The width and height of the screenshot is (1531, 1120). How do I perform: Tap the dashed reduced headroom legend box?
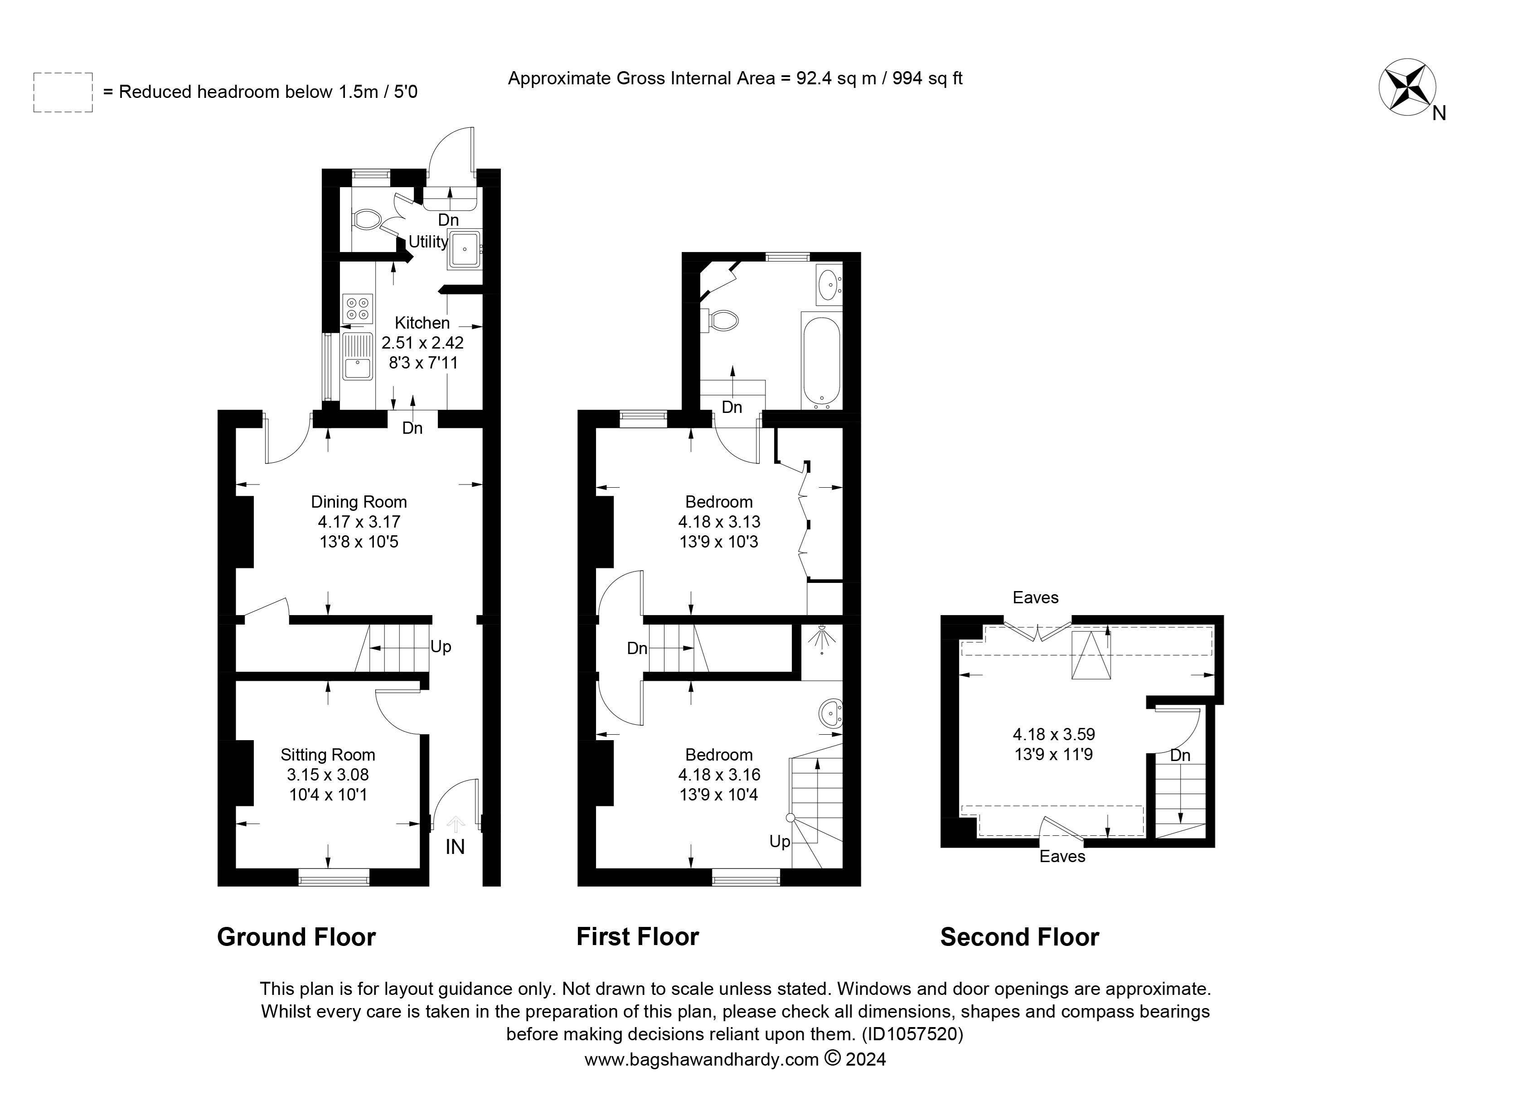63,92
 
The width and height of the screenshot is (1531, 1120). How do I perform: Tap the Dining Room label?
359,502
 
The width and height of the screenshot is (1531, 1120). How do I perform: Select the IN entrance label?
455,847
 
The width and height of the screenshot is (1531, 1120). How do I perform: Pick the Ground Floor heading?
296,937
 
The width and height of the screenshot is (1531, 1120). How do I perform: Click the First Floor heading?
637,937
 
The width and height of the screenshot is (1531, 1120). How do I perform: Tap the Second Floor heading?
1019,937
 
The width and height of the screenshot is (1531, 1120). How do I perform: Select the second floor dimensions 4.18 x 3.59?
1054,733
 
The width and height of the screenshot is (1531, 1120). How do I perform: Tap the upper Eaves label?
1035,597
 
